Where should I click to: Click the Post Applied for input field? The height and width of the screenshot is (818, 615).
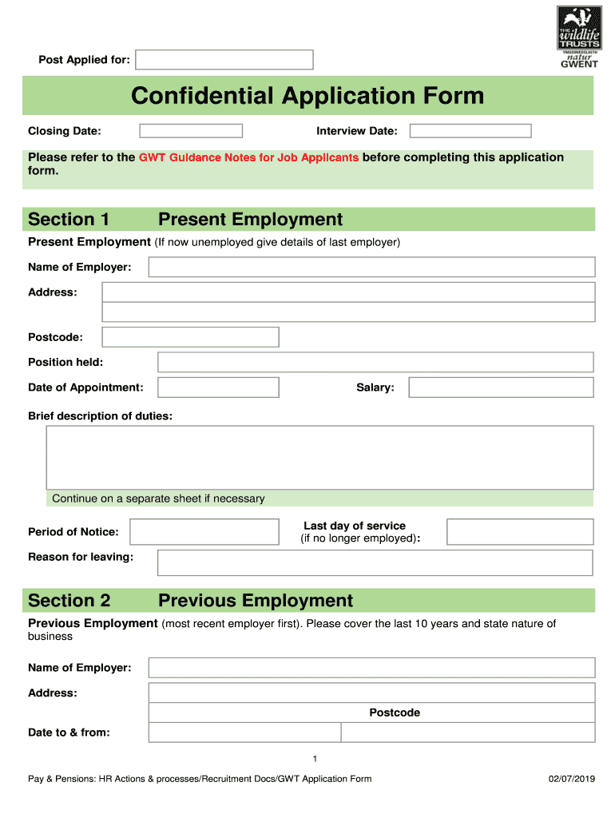pos(224,60)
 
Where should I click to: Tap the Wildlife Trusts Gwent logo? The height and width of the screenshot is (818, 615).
pos(577,37)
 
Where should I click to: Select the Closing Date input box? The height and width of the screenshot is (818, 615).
pos(191,131)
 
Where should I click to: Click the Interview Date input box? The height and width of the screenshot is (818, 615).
pos(470,131)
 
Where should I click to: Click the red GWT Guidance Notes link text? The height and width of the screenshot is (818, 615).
pos(248,157)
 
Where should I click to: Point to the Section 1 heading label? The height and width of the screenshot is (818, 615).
pos(69,220)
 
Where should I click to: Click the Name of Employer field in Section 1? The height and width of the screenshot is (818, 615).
pos(371,267)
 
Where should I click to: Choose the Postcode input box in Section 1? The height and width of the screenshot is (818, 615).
pos(191,337)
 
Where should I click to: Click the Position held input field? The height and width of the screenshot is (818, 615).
pos(375,363)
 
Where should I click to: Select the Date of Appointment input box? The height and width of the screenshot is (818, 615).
pos(218,387)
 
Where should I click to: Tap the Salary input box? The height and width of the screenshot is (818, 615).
pos(501,387)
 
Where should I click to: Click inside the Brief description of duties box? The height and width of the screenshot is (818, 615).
pos(319,457)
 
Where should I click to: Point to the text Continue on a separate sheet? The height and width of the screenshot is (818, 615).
pos(158,498)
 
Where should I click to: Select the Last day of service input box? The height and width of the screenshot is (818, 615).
pos(520,532)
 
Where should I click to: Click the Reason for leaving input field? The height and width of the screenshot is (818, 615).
pos(375,562)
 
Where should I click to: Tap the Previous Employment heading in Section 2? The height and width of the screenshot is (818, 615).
pos(256,601)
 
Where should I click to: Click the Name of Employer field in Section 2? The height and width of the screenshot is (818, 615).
pos(371,668)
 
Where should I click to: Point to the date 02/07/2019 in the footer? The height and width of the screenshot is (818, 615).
pos(572,779)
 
